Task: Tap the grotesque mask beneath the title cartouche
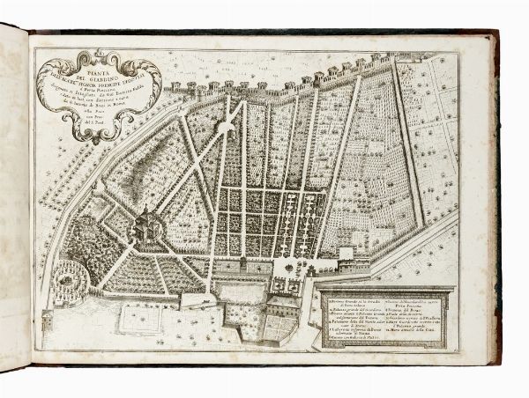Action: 98,133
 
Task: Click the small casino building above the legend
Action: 346,256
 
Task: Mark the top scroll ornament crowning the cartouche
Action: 100,52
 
